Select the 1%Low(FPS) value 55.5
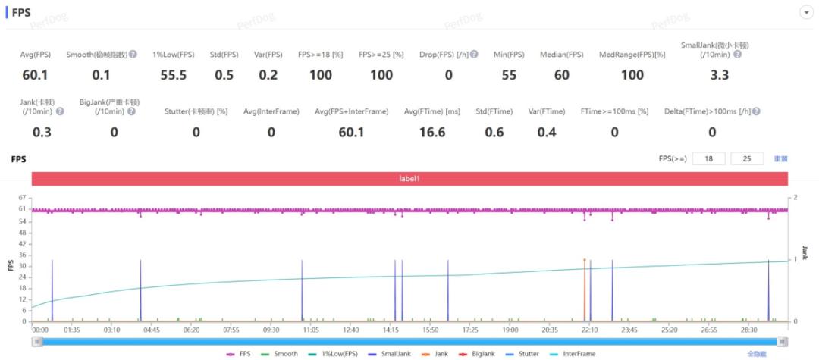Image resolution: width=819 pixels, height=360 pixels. coord(173,74)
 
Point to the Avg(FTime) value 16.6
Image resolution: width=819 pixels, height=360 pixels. coord(431,132)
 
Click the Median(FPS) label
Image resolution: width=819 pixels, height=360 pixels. coord(561,55)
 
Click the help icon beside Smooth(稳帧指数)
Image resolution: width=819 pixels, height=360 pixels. coord(133,55)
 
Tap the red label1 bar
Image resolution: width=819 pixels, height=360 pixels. coord(409,179)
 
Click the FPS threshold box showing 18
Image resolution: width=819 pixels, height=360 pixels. coord(710,158)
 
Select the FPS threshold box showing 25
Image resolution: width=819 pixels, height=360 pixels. coord(747,158)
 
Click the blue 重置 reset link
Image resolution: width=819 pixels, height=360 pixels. coord(780,159)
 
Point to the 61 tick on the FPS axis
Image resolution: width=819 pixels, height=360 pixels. coord(22,209)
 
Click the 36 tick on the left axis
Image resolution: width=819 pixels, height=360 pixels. coord(22,255)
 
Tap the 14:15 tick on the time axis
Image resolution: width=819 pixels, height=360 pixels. coord(391,330)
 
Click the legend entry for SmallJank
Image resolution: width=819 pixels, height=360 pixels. coord(393,354)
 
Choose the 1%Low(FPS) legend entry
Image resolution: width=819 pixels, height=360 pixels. coord(333,354)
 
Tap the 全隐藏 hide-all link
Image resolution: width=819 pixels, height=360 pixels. coord(757,354)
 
